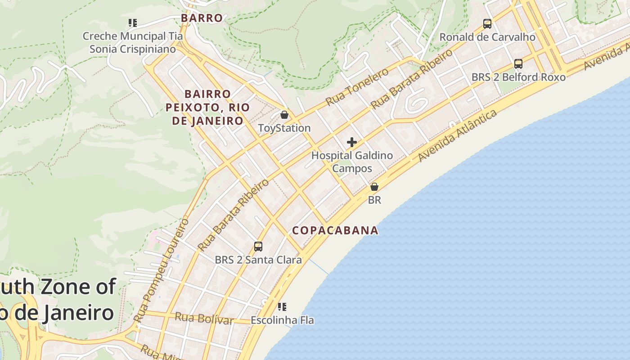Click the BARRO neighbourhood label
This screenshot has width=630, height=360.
[202, 18]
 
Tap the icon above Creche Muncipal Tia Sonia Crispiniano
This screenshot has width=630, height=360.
[132, 22]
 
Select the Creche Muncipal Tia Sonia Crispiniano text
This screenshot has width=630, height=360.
[133, 42]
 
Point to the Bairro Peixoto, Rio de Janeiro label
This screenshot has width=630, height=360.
[207, 108]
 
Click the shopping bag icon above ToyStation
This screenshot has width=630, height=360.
[284, 115]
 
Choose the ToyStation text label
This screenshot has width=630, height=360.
[284, 128]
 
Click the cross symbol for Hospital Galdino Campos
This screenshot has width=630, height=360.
[352, 143]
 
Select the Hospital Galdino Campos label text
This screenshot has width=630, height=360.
[352, 162]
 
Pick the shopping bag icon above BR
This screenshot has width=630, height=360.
[374, 187]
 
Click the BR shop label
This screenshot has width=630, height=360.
[374, 200]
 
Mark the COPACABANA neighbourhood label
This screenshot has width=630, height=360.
[335, 230]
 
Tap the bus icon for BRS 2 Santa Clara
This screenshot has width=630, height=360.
[258, 247]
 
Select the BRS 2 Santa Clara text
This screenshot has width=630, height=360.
[258, 260]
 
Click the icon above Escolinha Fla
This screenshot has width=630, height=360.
[282, 307]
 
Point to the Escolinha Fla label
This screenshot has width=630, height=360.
[282, 320]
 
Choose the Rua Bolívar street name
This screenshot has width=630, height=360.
[204, 318]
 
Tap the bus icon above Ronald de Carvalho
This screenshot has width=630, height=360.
[487, 23]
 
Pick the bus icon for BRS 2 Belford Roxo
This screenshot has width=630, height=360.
[518, 64]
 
